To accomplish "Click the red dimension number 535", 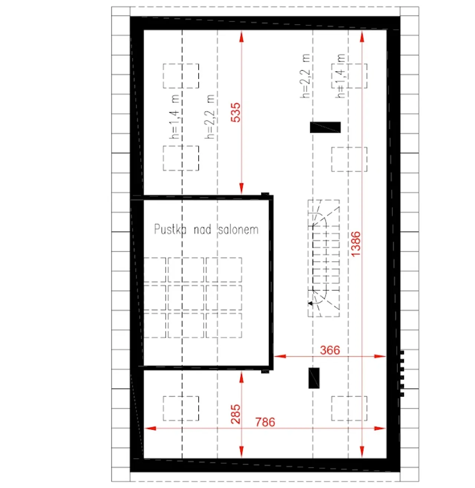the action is pyautogui.click(x=236, y=113).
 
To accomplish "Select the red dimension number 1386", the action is pyautogui.click(x=356, y=244).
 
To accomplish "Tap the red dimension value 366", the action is pyautogui.click(x=330, y=350).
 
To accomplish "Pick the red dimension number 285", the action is pyautogui.click(x=236, y=414).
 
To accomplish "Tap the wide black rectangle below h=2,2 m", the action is pyautogui.click(x=325, y=127).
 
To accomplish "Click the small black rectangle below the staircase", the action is pyautogui.click(x=314, y=378).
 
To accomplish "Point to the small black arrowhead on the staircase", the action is pyautogui.click(x=310, y=303).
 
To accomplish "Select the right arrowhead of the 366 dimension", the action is pyautogui.click(x=380, y=356).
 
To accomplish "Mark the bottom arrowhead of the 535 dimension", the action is pyautogui.click(x=242, y=188).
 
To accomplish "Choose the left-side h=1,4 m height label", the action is pyautogui.click(x=175, y=117).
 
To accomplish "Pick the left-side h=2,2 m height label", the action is pyautogui.click(x=210, y=117).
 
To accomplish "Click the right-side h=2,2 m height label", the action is pyautogui.click(x=305, y=76).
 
